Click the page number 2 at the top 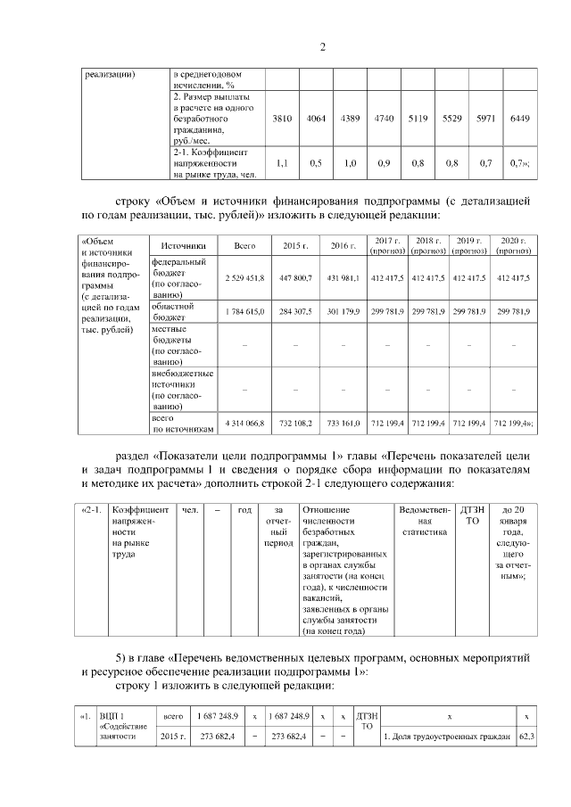coord(323,46)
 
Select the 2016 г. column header coord(343,245)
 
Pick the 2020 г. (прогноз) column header coord(513,245)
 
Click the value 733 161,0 coord(343,424)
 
